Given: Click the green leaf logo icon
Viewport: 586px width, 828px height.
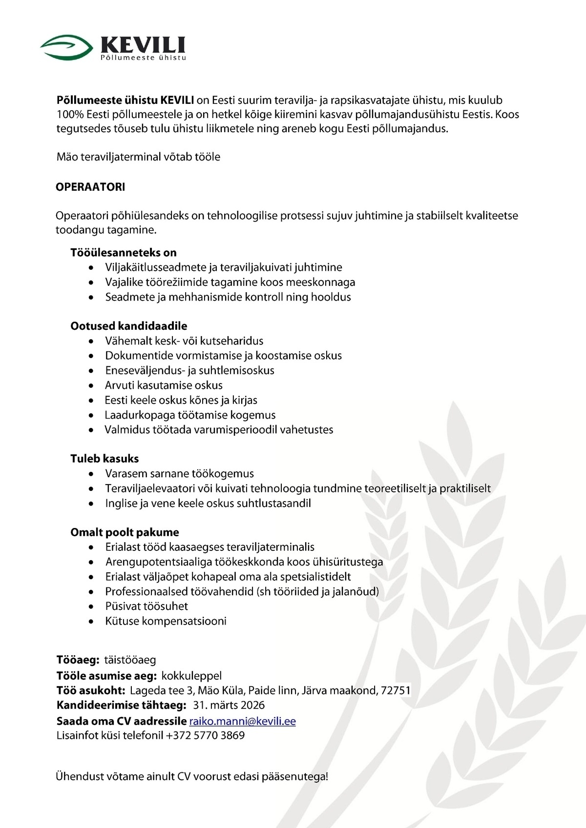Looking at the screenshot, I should click(66, 47).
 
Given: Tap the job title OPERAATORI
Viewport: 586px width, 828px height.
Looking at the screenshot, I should click(90, 187).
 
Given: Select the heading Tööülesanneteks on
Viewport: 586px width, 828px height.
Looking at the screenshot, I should click(124, 253).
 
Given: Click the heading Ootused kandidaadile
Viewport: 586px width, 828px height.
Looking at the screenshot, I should click(129, 326).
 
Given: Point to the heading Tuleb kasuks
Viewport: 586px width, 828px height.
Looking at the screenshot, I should click(105, 459).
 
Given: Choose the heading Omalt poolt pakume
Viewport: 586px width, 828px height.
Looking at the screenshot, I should click(125, 532).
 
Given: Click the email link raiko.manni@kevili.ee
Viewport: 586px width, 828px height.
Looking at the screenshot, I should click(242, 721).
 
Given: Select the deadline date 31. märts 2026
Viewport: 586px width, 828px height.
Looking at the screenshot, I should click(229, 705).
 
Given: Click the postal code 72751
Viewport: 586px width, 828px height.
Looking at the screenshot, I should click(396, 690).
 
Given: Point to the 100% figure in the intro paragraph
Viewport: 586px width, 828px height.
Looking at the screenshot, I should click(70, 115).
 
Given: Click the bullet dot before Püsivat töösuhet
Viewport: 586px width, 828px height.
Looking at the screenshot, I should click(91, 607).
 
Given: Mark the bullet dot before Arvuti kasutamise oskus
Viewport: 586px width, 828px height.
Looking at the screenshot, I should click(91, 386).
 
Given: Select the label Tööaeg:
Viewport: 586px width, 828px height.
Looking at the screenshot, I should click(78, 660).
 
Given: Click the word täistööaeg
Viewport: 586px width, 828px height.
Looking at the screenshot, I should click(130, 660).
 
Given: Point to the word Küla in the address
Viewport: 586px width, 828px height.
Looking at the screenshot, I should click(233, 690).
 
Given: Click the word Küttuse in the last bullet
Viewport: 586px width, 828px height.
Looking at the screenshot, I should click(122, 621).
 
